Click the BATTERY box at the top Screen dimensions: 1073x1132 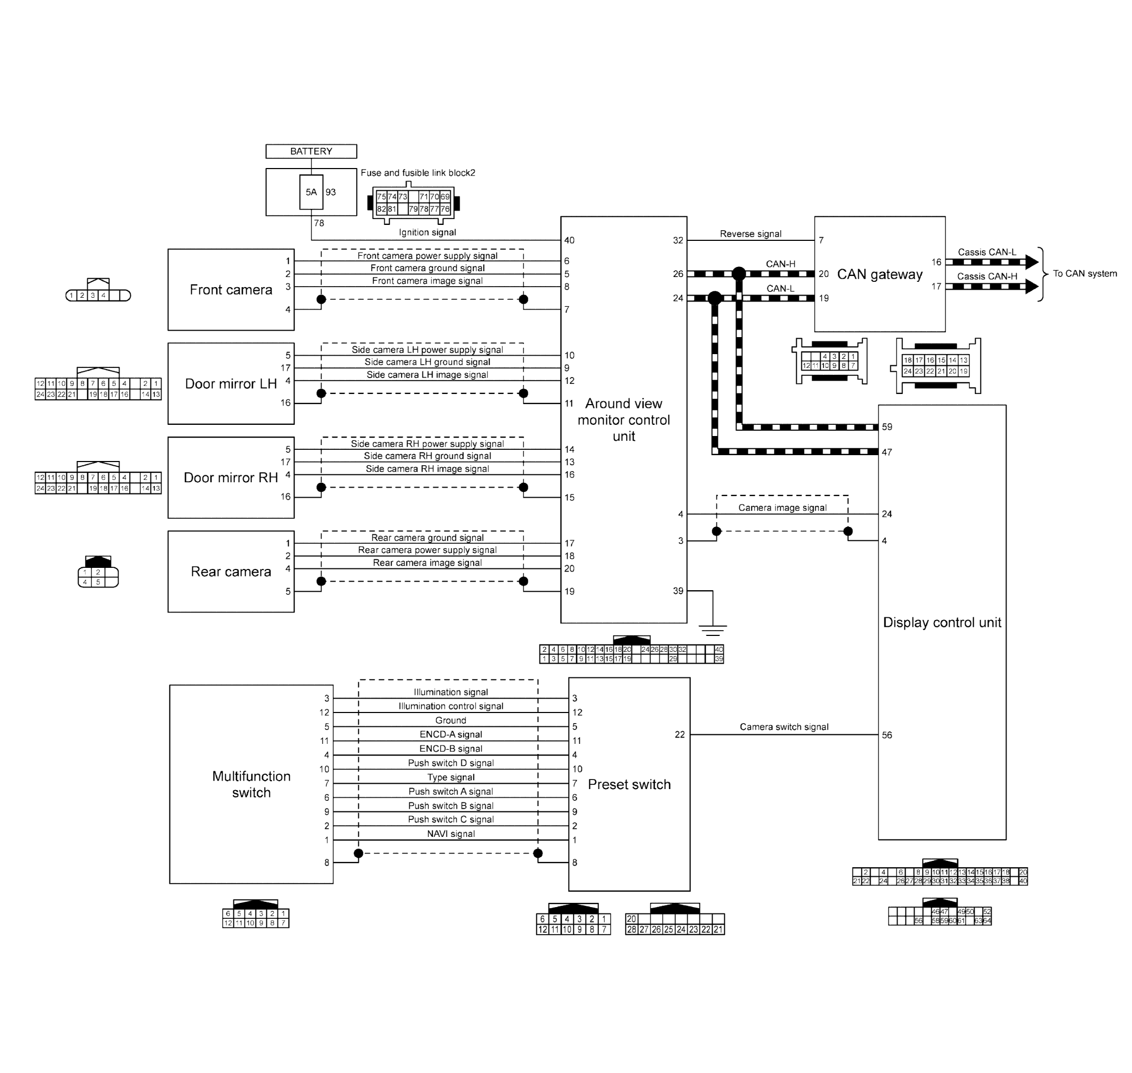pyautogui.click(x=311, y=151)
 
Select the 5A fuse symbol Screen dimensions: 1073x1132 pyautogui.click(x=311, y=192)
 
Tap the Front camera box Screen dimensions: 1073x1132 pyautogui.click(x=231, y=289)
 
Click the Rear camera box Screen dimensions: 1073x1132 pyautogui.click(x=231, y=572)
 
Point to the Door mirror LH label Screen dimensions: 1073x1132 pyautogui.click(x=231, y=384)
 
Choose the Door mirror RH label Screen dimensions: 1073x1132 pyautogui.click(x=231, y=477)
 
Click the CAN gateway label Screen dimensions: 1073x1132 pyautogui.click(x=880, y=274)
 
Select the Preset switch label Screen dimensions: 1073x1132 pyautogui.click(x=629, y=784)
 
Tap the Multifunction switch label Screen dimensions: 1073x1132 pyautogui.click(x=251, y=784)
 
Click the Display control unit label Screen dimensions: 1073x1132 pyautogui.click(x=942, y=622)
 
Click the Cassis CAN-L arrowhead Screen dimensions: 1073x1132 pyautogui.click(x=1032, y=262)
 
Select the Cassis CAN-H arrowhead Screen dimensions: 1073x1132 pyautogui.click(x=1032, y=287)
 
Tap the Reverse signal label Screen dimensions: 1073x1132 pyautogui.click(x=750, y=234)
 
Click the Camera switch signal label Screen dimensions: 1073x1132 pyautogui.click(x=784, y=727)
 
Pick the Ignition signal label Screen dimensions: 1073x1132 pyautogui.click(x=427, y=232)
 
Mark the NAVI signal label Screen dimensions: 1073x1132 pyautogui.click(x=451, y=834)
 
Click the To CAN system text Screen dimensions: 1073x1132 pyautogui.click(x=1085, y=273)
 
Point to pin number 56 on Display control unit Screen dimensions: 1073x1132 pyautogui.click(x=886, y=735)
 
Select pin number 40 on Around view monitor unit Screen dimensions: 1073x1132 pyautogui.click(x=569, y=240)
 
